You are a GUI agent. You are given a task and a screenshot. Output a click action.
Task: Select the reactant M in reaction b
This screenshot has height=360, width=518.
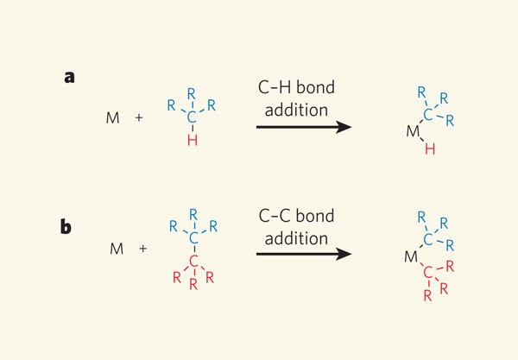[x=117, y=249]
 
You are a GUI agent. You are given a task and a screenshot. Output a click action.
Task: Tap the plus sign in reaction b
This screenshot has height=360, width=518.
[x=143, y=249]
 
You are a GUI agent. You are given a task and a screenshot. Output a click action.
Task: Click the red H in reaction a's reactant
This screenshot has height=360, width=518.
[x=192, y=142]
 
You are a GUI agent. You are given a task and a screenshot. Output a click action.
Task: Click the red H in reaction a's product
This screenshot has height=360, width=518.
[x=431, y=148]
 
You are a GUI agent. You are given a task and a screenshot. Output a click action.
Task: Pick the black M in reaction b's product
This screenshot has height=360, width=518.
[x=413, y=256]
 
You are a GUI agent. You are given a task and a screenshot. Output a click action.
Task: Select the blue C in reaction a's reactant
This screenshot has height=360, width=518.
[x=192, y=113]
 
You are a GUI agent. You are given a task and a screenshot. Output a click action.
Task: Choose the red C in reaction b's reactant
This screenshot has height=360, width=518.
[x=195, y=261]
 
